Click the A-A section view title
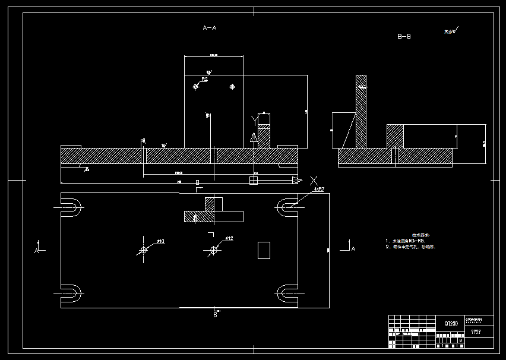coord(210,28)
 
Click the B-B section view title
coord(404,37)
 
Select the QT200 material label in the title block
coord(451,324)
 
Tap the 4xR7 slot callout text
coord(319,190)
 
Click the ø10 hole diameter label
coord(160,241)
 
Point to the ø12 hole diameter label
coord(229,239)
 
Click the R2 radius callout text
coord(204,78)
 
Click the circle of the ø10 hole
coord(143,250)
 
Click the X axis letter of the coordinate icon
coord(314,180)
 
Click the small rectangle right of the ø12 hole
coord(264,250)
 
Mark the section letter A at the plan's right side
coord(353,249)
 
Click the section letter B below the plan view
coord(215,315)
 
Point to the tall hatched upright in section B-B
coord(361,113)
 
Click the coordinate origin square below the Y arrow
coord(254,179)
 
